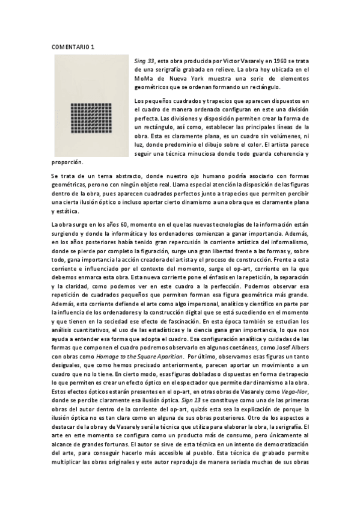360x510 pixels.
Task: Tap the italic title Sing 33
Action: [x=144, y=61]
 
